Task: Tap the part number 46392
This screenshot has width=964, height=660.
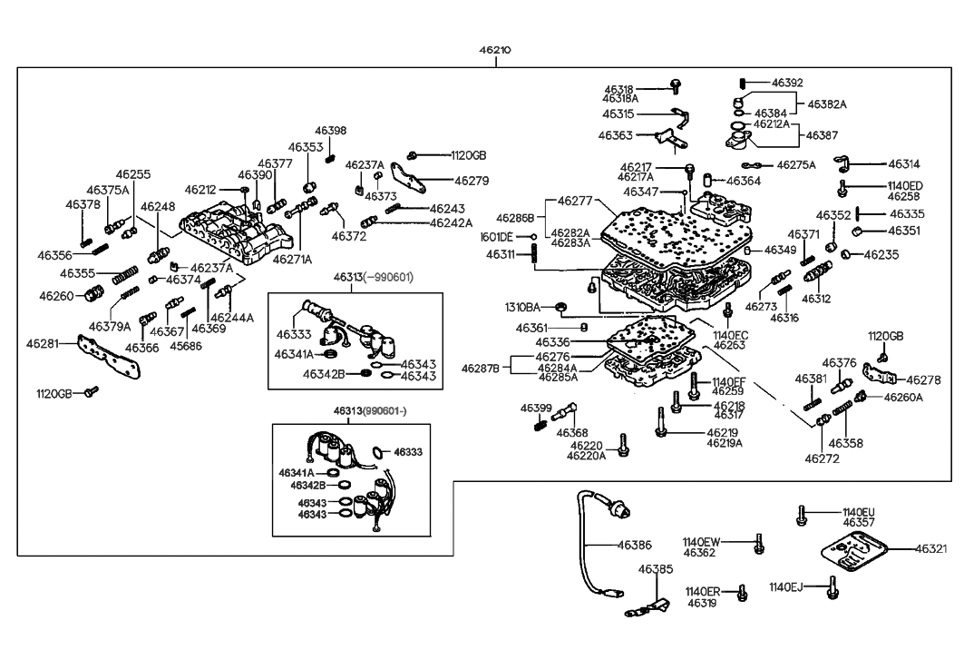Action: [787, 83]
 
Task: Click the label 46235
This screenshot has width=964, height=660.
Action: [879, 255]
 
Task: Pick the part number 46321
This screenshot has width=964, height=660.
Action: [931, 549]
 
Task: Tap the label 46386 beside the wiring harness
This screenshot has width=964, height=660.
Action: [634, 546]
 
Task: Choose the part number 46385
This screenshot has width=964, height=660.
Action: [655, 569]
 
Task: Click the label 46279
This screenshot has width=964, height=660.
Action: [471, 181]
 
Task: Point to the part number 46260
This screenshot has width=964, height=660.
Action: [55, 295]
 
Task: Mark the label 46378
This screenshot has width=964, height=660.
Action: [83, 205]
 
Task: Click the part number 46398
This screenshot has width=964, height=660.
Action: [330, 132]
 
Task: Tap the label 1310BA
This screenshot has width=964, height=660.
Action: [535, 307]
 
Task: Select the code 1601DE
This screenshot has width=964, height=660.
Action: [497, 237]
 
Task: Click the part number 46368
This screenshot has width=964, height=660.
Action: [571, 432]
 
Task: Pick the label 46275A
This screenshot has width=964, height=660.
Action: [796, 165]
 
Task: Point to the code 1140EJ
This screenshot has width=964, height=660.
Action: [785, 586]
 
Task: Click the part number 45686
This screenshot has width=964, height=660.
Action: [187, 346]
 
